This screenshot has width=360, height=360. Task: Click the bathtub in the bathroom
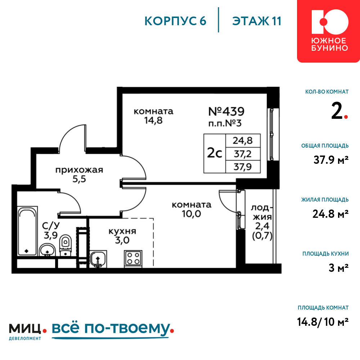pyautogui.click(x=27, y=231)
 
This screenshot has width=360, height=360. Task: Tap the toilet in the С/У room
pyautogui.click(x=66, y=245)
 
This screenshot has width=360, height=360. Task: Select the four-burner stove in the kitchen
pyautogui.click(x=133, y=258)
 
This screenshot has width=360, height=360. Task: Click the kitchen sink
pyautogui.click(x=98, y=259)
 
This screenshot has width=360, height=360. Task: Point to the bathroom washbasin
pyautogui.click(x=47, y=250)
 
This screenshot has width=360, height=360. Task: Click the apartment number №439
pyautogui.click(x=226, y=112)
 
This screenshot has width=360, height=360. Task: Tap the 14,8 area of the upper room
pyautogui.click(x=153, y=120)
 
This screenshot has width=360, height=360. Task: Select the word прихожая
pyautogui.click(x=79, y=170)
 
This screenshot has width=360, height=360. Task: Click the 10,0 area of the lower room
pyautogui.click(x=192, y=214)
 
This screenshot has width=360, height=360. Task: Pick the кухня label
pyautogui.click(x=122, y=231)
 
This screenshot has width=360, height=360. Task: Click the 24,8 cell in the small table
pyautogui.click(x=243, y=140)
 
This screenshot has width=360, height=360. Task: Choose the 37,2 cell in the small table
pyautogui.click(x=243, y=154)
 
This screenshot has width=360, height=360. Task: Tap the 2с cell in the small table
pyautogui.click(x=215, y=153)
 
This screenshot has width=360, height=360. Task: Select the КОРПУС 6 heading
pyautogui.click(x=175, y=21)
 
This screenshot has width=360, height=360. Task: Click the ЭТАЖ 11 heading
pyautogui.click(x=257, y=21)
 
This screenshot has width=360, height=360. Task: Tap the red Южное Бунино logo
pyautogui.click(x=328, y=31)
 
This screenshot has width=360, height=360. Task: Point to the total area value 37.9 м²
pyautogui.click(x=331, y=160)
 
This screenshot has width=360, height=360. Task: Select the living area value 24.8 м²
pyautogui.click(x=330, y=214)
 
